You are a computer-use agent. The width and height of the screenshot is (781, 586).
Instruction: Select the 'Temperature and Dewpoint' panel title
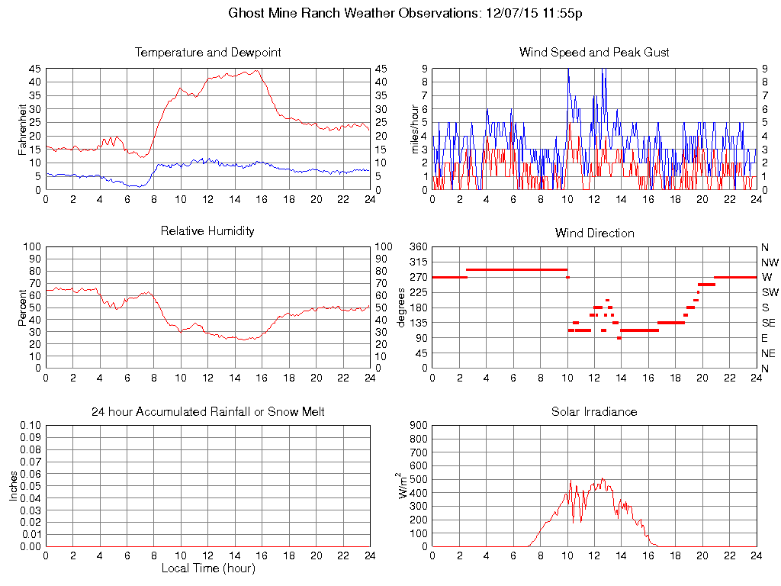[x=207, y=53]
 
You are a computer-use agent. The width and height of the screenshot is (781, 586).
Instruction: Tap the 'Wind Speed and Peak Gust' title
[x=594, y=53]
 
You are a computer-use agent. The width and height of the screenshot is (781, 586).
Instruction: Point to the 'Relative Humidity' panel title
[x=207, y=230]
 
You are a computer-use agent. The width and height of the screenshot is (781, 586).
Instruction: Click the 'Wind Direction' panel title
[x=594, y=233]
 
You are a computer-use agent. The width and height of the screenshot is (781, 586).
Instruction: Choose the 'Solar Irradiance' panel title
[x=594, y=412]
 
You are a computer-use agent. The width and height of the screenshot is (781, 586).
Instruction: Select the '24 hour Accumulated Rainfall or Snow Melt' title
[x=207, y=412]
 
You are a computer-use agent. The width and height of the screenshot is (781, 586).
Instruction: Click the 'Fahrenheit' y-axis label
[x=22, y=129]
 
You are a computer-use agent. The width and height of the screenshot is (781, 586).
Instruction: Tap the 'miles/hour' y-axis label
[x=416, y=129]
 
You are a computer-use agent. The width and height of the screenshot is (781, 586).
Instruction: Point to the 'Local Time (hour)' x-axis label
[x=207, y=568]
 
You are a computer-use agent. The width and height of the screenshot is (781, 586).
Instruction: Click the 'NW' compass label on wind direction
[x=770, y=262]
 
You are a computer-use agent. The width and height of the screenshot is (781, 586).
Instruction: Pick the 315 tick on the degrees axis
[x=418, y=262]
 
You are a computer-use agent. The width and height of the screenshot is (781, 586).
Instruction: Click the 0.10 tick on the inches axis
[x=31, y=426]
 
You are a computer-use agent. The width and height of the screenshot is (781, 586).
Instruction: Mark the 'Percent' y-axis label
[x=22, y=307]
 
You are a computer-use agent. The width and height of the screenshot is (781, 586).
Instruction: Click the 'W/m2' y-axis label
[x=404, y=485]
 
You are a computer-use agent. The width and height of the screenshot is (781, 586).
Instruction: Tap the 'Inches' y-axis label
[x=13, y=486]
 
